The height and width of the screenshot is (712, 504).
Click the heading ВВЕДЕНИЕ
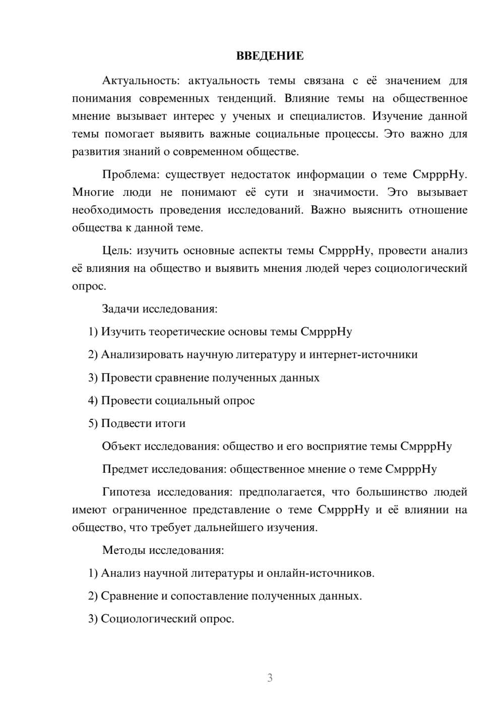[x=270, y=56]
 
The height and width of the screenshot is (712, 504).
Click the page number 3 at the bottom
[x=270, y=678]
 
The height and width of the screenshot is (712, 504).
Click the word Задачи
[x=120, y=309]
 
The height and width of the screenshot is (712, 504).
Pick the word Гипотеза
[x=127, y=491]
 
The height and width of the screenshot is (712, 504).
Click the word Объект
[x=121, y=446]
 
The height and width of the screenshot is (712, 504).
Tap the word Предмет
[x=125, y=469]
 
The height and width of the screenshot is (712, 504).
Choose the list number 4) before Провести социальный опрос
[x=93, y=400]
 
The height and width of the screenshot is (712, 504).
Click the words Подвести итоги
[x=143, y=423]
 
